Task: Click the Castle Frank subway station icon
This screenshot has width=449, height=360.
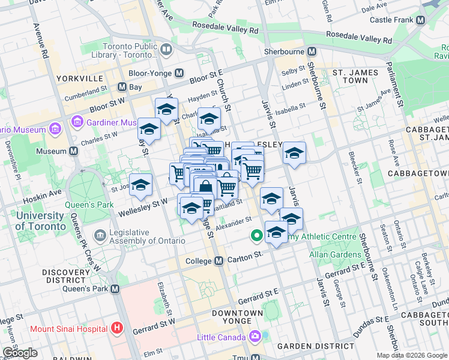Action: pyautogui.click(x=420, y=20)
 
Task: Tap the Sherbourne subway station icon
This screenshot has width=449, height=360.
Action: pyautogui.click(x=311, y=52)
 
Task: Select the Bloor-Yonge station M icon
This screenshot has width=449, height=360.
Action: pyautogui.click(x=179, y=73)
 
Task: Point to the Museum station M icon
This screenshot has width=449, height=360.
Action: pyautogui.click(x=73, y=151)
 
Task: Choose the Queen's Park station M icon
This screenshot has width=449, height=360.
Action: pyautogui.click(x=115, y=289)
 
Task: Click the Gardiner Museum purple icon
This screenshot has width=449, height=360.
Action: pyautogui.click(x=77, y=122)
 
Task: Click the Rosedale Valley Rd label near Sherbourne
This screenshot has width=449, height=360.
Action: pyautogui.click(x=368, y=39)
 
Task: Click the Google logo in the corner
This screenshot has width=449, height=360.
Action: pyautogui.click(x=20, y=353)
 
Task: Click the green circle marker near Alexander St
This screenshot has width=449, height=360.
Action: pyautogui.click(x=256, y=236)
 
